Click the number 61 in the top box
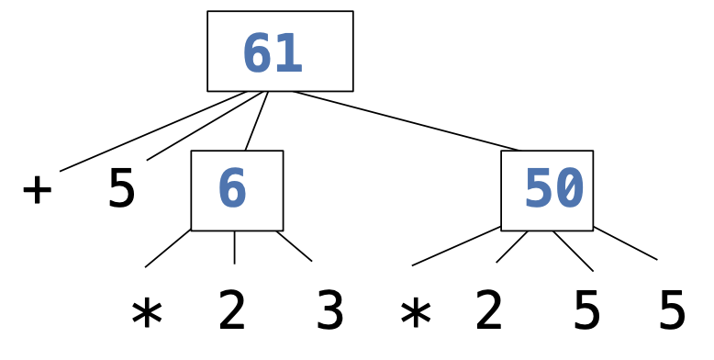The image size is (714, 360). pyautogui.click(x=273, y=54)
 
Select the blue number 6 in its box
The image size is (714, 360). pyautogui.click(x=232, y=190)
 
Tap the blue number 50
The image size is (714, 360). pyautogui.click(x=553, y=190)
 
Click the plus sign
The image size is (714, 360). pyautogui.click(x=37, y=190)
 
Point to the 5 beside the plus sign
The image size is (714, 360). pyautogui.click(x=121, y=190)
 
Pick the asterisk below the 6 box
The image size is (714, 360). pyautogui.click(x=147, y=314)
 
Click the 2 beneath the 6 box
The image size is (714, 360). pyautogui.click(x=232, y=312)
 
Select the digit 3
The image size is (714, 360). pyautogui.click(x=329, y=312)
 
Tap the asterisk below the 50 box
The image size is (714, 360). pyautogui.click(x=415, y=314)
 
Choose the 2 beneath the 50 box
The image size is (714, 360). pyautogui.click(x=489, y=312)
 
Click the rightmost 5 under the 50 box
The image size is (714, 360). pyautogui.click(x=672, y=312)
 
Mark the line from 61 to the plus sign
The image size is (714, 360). pyautogui.click(x=152, y=131)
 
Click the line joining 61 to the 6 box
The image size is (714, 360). pyautogui.click(x=256, y=121)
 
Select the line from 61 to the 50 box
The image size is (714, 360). pyautogui.click(x=404, y=120)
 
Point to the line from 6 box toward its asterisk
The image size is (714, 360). pyautogui.click(x=168, y=248)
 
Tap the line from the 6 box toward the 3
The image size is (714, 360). pyautogui.click(x=294, y=246)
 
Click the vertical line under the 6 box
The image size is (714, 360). pyautogui.click(x=234, y=247)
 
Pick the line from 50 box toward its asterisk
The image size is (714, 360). pyautogui.click(x=456, y=246)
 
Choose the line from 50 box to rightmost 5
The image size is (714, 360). pyautogui.click(x=625, y=243)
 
